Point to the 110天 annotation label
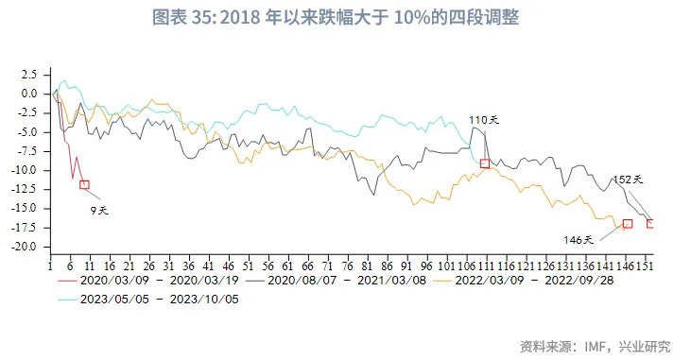(483, 121)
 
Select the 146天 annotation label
(579, 239)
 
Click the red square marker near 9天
(84, 185)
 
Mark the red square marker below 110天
(485, 163)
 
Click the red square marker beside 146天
(628, 224)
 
